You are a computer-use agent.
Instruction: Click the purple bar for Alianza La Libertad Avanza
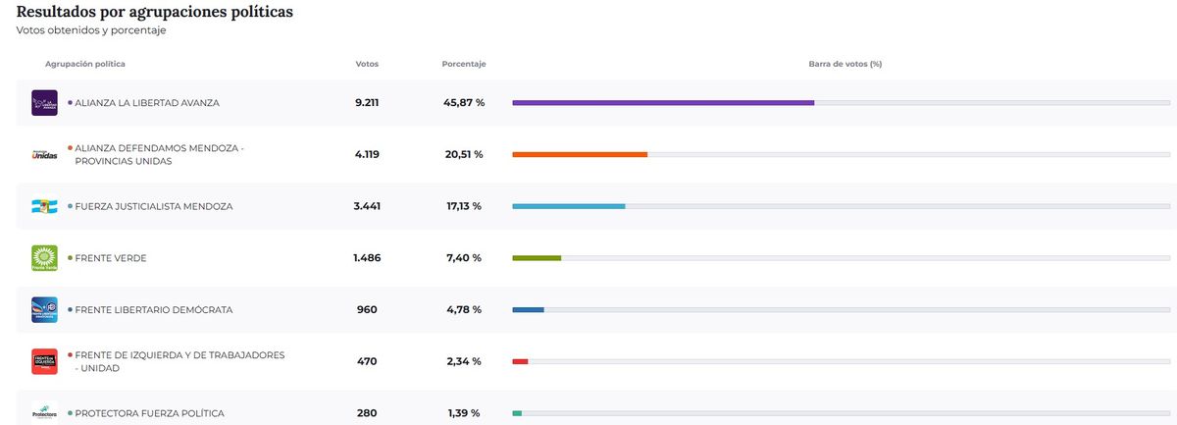click(663, 102)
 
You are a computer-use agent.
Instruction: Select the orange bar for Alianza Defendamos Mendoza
click(580, 154)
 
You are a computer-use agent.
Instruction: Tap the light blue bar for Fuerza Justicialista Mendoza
click(569, 206)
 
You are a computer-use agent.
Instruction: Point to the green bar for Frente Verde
click(537, 258)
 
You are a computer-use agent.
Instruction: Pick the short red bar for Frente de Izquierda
click(521, 361)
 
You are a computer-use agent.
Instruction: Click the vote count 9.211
click(367, 102)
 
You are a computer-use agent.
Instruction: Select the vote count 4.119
click(367, 154)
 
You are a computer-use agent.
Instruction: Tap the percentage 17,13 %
click(464, 206)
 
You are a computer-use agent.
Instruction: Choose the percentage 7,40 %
click(464, 258)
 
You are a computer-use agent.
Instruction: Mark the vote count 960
click(367, 310)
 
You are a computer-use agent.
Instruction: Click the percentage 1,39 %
click(464, 413)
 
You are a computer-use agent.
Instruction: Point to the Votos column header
click(367, 64)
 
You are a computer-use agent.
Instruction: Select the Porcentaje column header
click(464, 64)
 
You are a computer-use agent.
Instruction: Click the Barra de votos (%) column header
click(844, 64)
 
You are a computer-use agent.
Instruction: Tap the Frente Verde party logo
click(44, 258)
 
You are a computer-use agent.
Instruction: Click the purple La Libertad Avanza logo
click(44, 102)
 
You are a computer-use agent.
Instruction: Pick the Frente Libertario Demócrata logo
click(44, 310)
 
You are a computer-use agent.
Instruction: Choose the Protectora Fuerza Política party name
click(149, 413)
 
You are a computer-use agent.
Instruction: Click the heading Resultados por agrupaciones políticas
click(155, 12)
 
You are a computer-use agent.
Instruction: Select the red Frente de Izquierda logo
click(44, 361)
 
